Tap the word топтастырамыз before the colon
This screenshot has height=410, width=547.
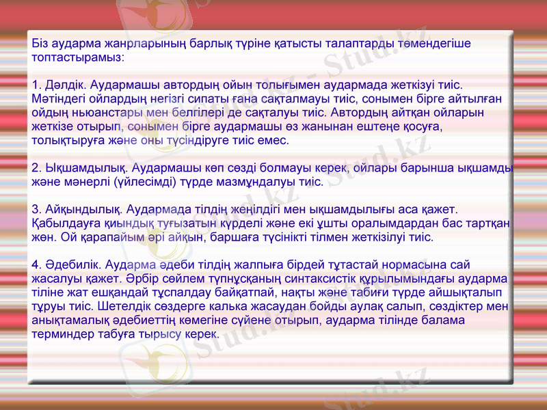click(x=77, y=57)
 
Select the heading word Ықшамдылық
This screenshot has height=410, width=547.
click(x=85, y=168)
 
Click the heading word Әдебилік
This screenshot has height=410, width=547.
click(x=73, y=265)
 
